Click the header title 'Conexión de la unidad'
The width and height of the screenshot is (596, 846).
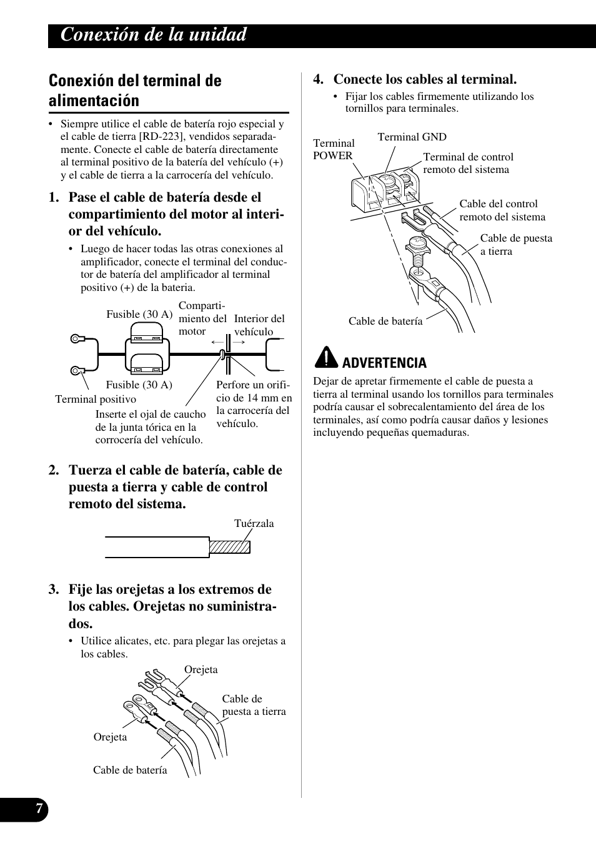click(154, 35)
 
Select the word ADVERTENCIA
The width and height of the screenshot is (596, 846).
click(385, 363)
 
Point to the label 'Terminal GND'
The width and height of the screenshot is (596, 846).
click(412, 137)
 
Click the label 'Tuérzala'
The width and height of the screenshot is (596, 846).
click(254, 523)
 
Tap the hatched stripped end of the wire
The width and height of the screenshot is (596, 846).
click(229, 547)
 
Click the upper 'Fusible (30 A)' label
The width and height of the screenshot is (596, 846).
click(139, 314)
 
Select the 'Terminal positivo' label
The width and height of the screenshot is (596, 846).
click(95, 399)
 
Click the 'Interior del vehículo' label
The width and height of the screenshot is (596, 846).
click(259, 325)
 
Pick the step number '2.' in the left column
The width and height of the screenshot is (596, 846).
click(54, 470)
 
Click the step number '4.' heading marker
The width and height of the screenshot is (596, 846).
click(319, 79)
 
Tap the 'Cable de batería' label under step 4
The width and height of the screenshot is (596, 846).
click(385, 321)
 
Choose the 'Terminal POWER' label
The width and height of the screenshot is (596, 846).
click(333, 149)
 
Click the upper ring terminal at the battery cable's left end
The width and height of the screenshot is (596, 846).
click(76, 340)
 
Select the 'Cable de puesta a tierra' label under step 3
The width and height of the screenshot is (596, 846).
click(254, 705)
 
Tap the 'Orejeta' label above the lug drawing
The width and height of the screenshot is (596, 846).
click(201, 669)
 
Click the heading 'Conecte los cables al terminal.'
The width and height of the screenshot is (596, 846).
click(425, 79)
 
